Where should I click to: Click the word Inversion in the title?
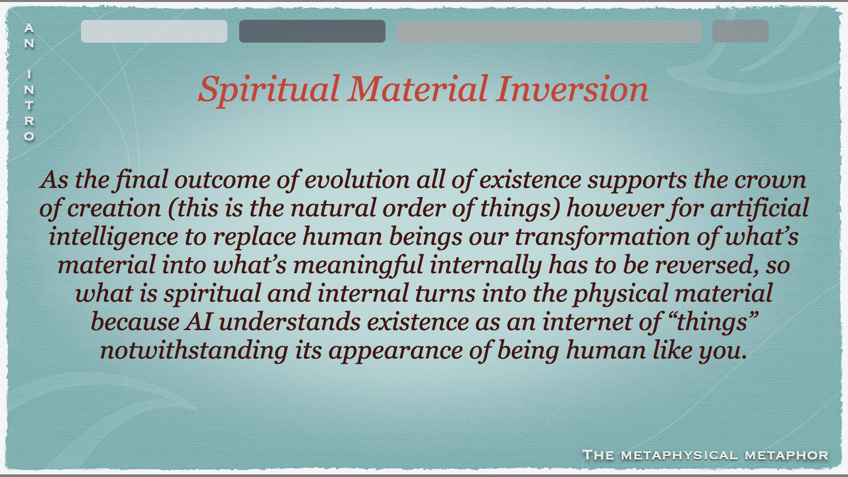click(573, 89)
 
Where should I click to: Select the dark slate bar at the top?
click(312, 31)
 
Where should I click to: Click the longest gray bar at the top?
click(549, 31)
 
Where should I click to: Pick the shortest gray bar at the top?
click(740, 31)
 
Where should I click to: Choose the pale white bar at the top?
click(154, 31)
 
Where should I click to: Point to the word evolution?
click(357, 180)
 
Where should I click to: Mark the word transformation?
click(602, 237)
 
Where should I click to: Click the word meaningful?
click(358, 266)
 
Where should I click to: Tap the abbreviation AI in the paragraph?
click(198, 323)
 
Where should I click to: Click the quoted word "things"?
click(714, 322)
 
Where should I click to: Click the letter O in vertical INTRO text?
click(29, 136)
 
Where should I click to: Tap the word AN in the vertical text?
click(29, 36)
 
